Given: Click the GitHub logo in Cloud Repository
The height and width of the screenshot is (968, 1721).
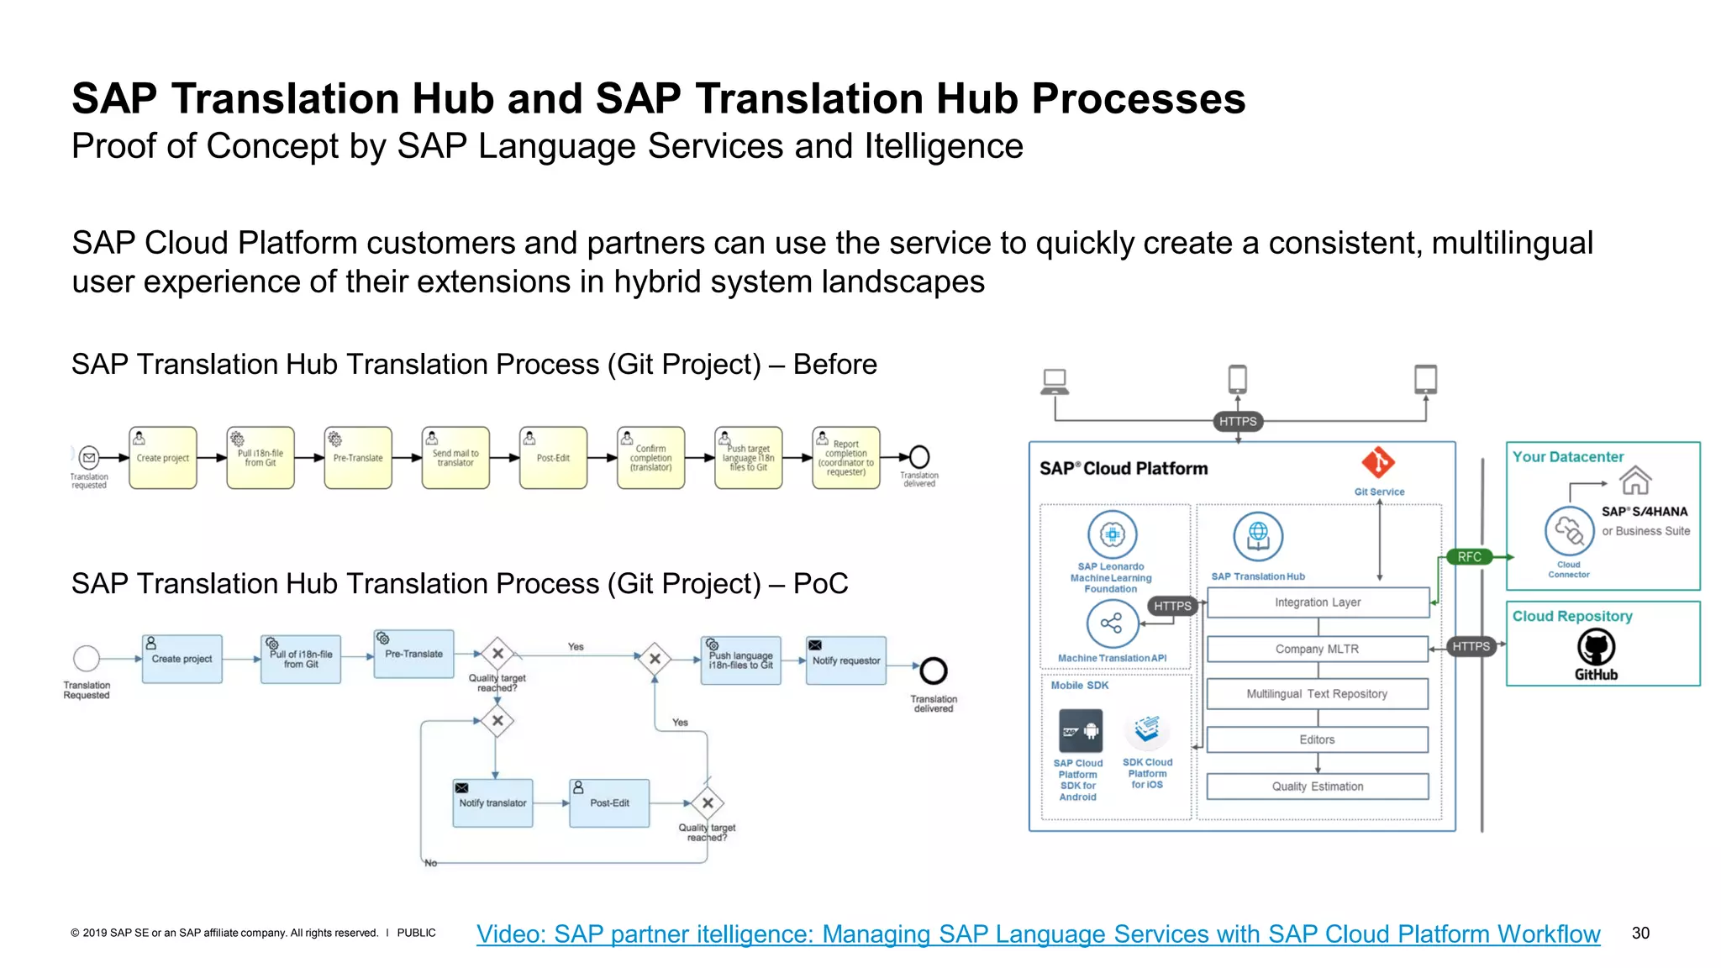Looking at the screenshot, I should [x=1595, y=647].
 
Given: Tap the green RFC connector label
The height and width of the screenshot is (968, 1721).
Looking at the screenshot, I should [x=1469, y=556].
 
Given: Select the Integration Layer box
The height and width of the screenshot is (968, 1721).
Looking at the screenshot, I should [x=1317, y=602].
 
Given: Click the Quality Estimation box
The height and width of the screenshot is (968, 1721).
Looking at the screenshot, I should [x=1317, y=786].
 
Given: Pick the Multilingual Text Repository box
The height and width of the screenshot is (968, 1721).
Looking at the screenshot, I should [x=1317, y=694].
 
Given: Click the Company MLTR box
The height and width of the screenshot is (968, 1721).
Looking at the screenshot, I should [x=1317, y=649].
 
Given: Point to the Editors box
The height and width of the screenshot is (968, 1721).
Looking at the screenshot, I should [x=1317, y=739].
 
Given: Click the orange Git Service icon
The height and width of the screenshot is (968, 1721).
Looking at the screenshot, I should [x=1378, y=462].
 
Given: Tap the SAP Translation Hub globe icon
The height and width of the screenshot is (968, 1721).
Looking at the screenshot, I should [x=1258, y=536].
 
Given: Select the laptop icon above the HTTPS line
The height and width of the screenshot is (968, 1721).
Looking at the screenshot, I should [x=1054, y=381].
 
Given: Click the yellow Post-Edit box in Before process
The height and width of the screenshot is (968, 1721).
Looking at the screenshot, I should [x=553, y=458].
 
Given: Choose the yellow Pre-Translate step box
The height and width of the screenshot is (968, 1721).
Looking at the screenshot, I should [x=358, y=458].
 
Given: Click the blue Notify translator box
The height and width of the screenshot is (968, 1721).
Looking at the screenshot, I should [x=492, y=803].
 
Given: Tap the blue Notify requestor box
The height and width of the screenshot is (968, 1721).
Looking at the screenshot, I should [x=845, y=660].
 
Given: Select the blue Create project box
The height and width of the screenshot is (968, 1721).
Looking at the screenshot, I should [x=182, y=659].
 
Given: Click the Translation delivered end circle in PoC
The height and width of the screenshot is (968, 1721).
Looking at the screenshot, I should [x=933, y=671].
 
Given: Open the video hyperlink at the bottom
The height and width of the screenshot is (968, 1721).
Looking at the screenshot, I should [x=1038, y=934].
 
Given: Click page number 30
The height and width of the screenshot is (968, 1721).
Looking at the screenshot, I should [x=1640, y=933].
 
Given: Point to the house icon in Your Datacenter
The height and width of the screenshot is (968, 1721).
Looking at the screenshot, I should [x=1635, y=481].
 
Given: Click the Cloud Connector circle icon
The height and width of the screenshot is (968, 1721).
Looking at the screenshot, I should [x=1568, y=531].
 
